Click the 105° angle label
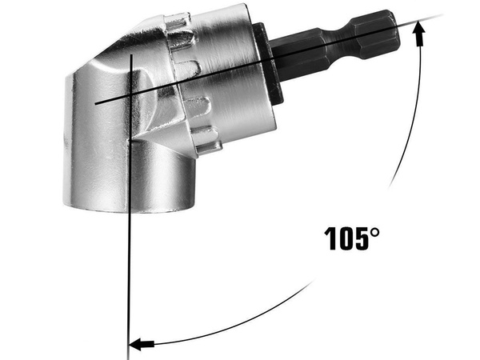tap(352, 238)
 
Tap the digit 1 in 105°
tap(330, 238)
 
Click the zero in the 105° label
tap(346, 238)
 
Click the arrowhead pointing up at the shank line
tap(418, 30)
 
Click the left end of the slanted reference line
tap(94, 105)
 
